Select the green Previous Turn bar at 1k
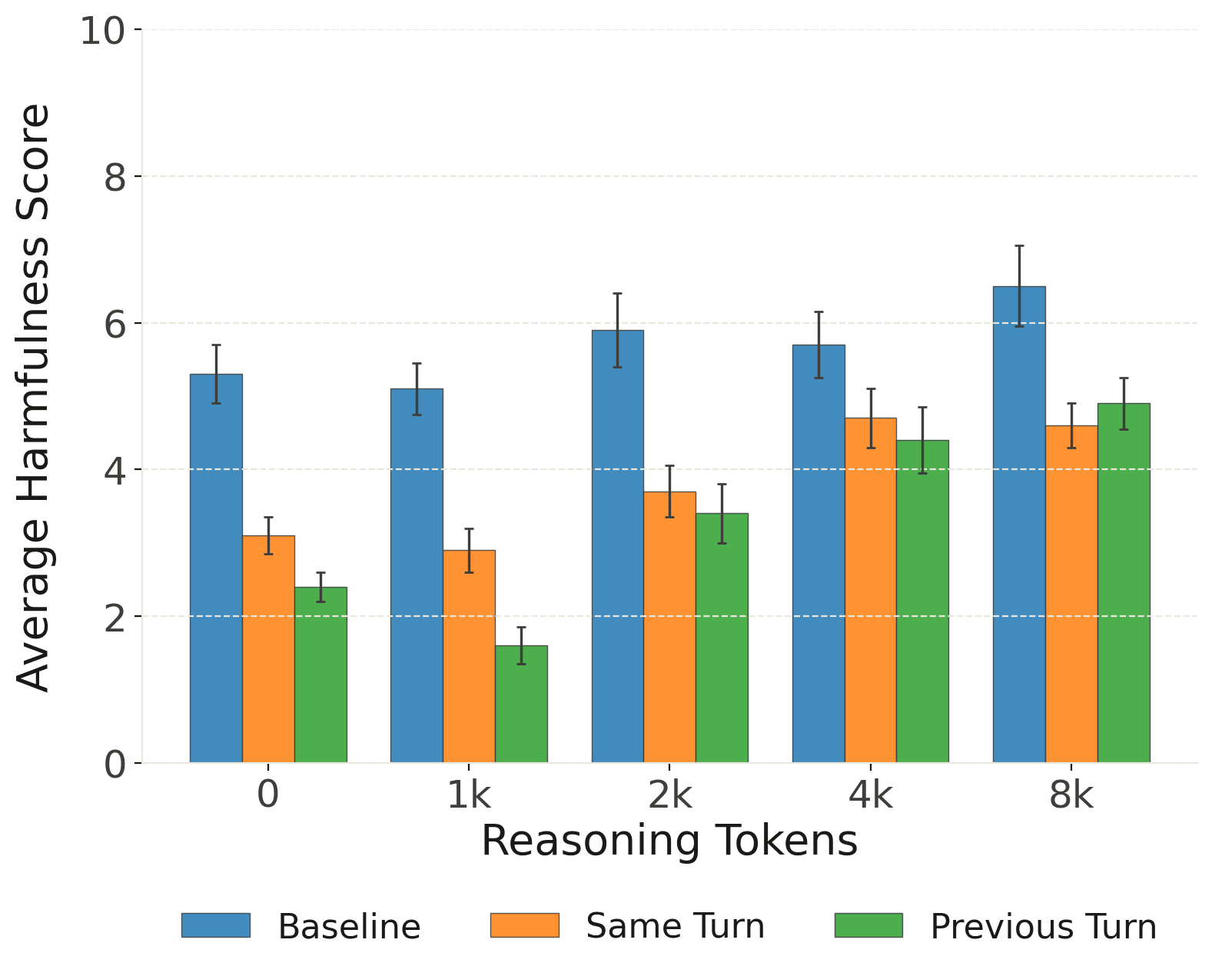[521, 704]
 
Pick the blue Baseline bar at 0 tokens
[216, 568]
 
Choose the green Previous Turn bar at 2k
[722, 638]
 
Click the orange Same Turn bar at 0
[268, 649]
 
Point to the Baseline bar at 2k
[617, 546]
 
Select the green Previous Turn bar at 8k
[1124, 583]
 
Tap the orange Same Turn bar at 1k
[469, 656]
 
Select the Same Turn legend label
[675, 926]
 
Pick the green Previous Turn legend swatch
[868, 925]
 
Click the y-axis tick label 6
[115, 324]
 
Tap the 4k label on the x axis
[870, 795]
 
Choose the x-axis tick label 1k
[469, 795]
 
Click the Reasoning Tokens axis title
[669, 841]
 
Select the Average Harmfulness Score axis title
[34, 397]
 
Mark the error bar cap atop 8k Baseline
[1019, 246]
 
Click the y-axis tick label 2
[115, 617]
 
